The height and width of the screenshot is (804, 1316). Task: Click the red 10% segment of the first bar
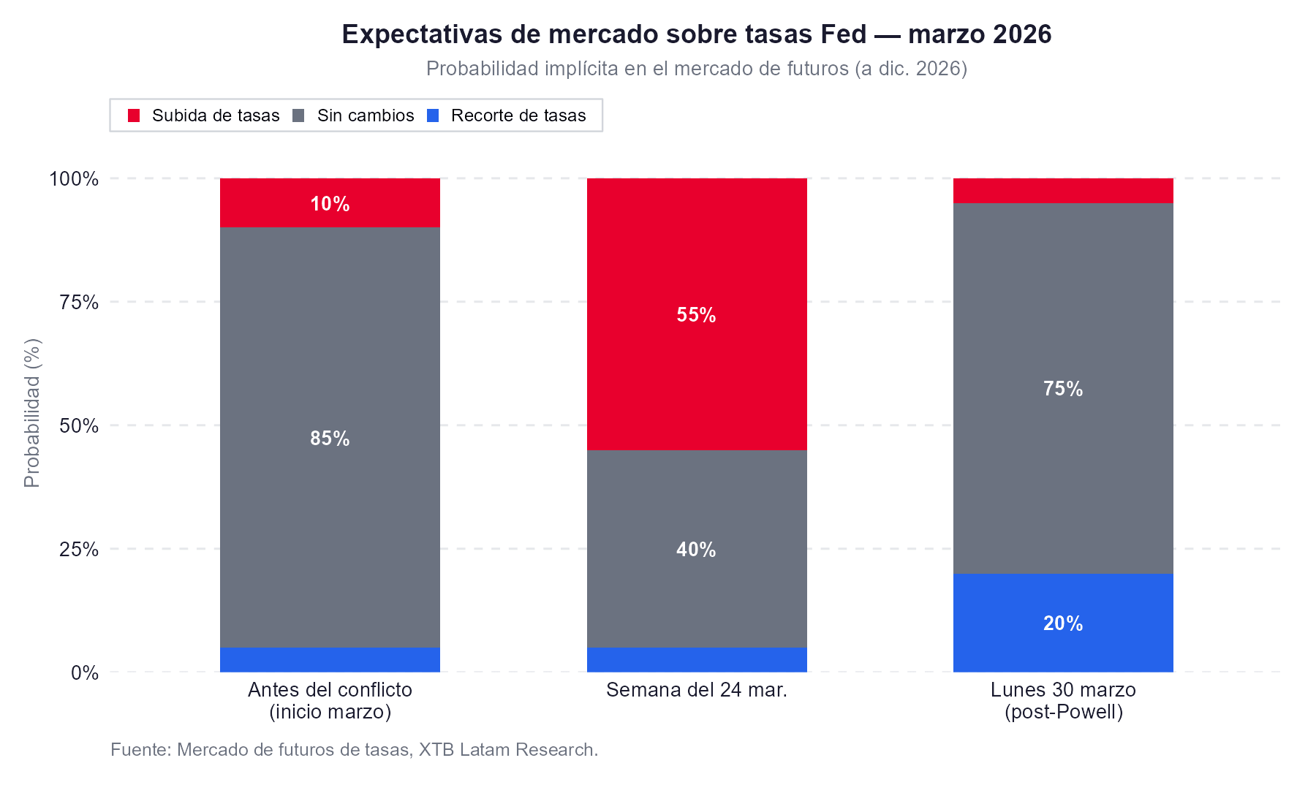(x=330, y=203)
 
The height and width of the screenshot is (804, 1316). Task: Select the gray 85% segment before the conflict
(x=330, y=437)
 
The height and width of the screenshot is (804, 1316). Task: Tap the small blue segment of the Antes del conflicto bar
(x=330, y=659)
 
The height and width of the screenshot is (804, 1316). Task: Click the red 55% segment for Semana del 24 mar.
(x=696, y=314)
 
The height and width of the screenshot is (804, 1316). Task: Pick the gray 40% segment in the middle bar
(x=696, y=548)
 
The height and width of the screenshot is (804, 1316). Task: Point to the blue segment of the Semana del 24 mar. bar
(x=696, y=659)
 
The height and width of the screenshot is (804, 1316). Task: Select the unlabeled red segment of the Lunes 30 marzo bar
(x=1063, y=191)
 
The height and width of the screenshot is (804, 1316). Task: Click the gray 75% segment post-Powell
(x=1063, y=388)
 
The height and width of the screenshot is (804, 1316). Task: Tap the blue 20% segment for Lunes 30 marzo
(x=1063, y=623)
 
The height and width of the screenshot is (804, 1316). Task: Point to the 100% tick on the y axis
(x=74, y=179)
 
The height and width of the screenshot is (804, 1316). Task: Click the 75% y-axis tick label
(x=79, y=303)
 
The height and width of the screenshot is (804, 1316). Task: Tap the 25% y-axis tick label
(x=79, y=549)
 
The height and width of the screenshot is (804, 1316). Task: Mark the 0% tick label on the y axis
(x=85, y=672)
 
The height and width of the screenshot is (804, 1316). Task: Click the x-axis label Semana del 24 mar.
(x=696, y=690)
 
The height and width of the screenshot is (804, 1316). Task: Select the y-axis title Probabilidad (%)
(x=32, y=413)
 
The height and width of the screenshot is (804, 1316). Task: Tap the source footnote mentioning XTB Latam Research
(x=354, y=750)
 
